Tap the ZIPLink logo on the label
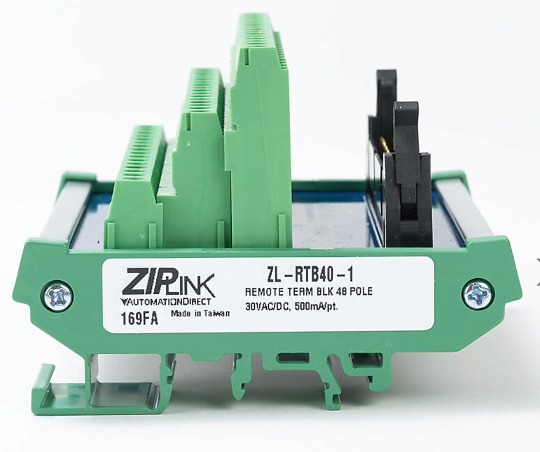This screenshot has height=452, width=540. pos(167,283)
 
